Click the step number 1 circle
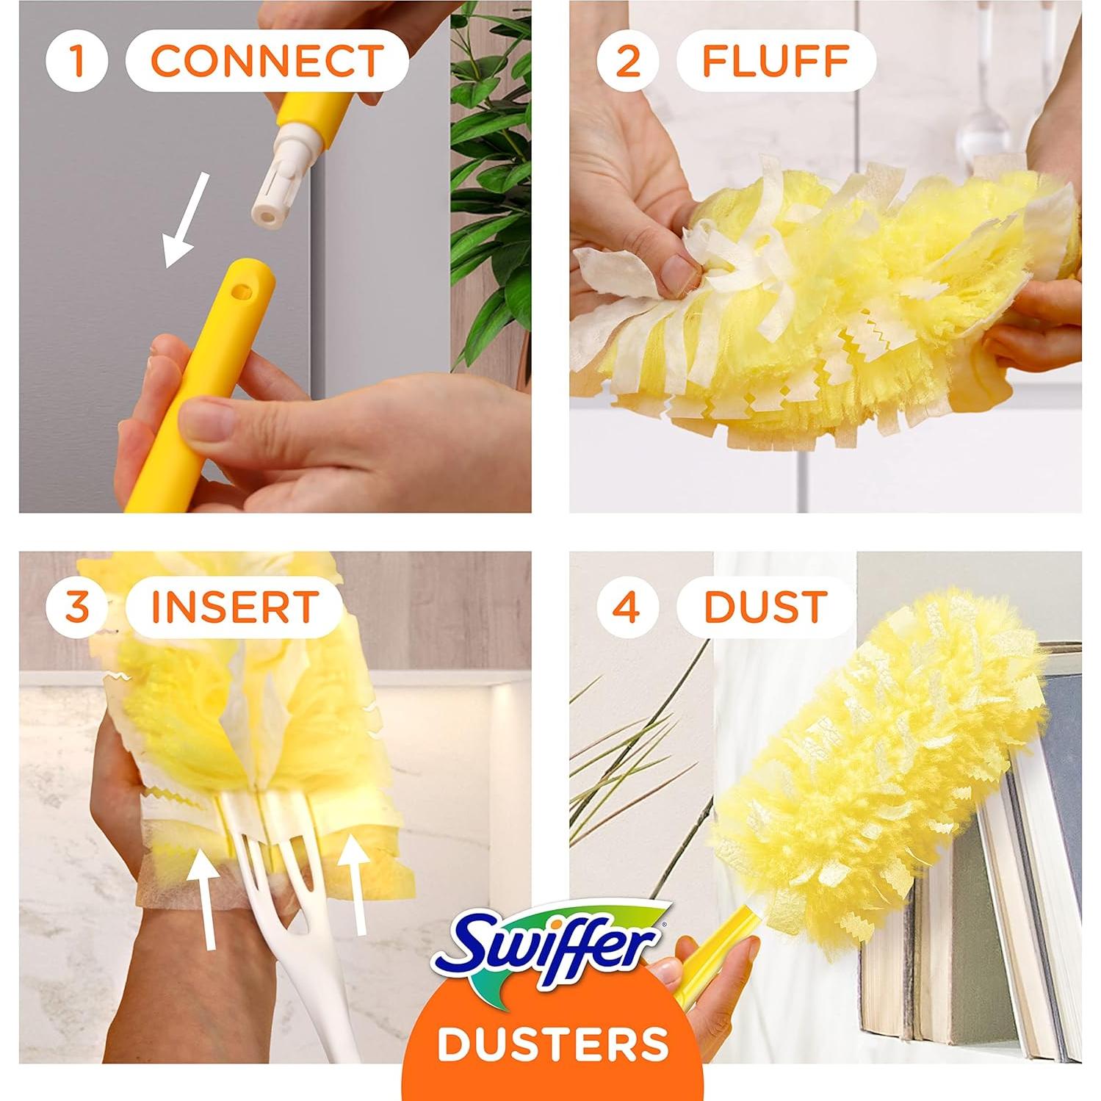coord(76,60)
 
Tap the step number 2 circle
coord(627,60)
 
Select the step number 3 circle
coord(76,607)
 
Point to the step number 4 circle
coord(627,607)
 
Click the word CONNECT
coord(267,60)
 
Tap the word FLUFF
coord(776,60)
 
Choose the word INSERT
coord(234,607)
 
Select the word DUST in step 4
coord(765,607)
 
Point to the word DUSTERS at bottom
coord(552,1043)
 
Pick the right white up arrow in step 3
coord(354,885)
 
